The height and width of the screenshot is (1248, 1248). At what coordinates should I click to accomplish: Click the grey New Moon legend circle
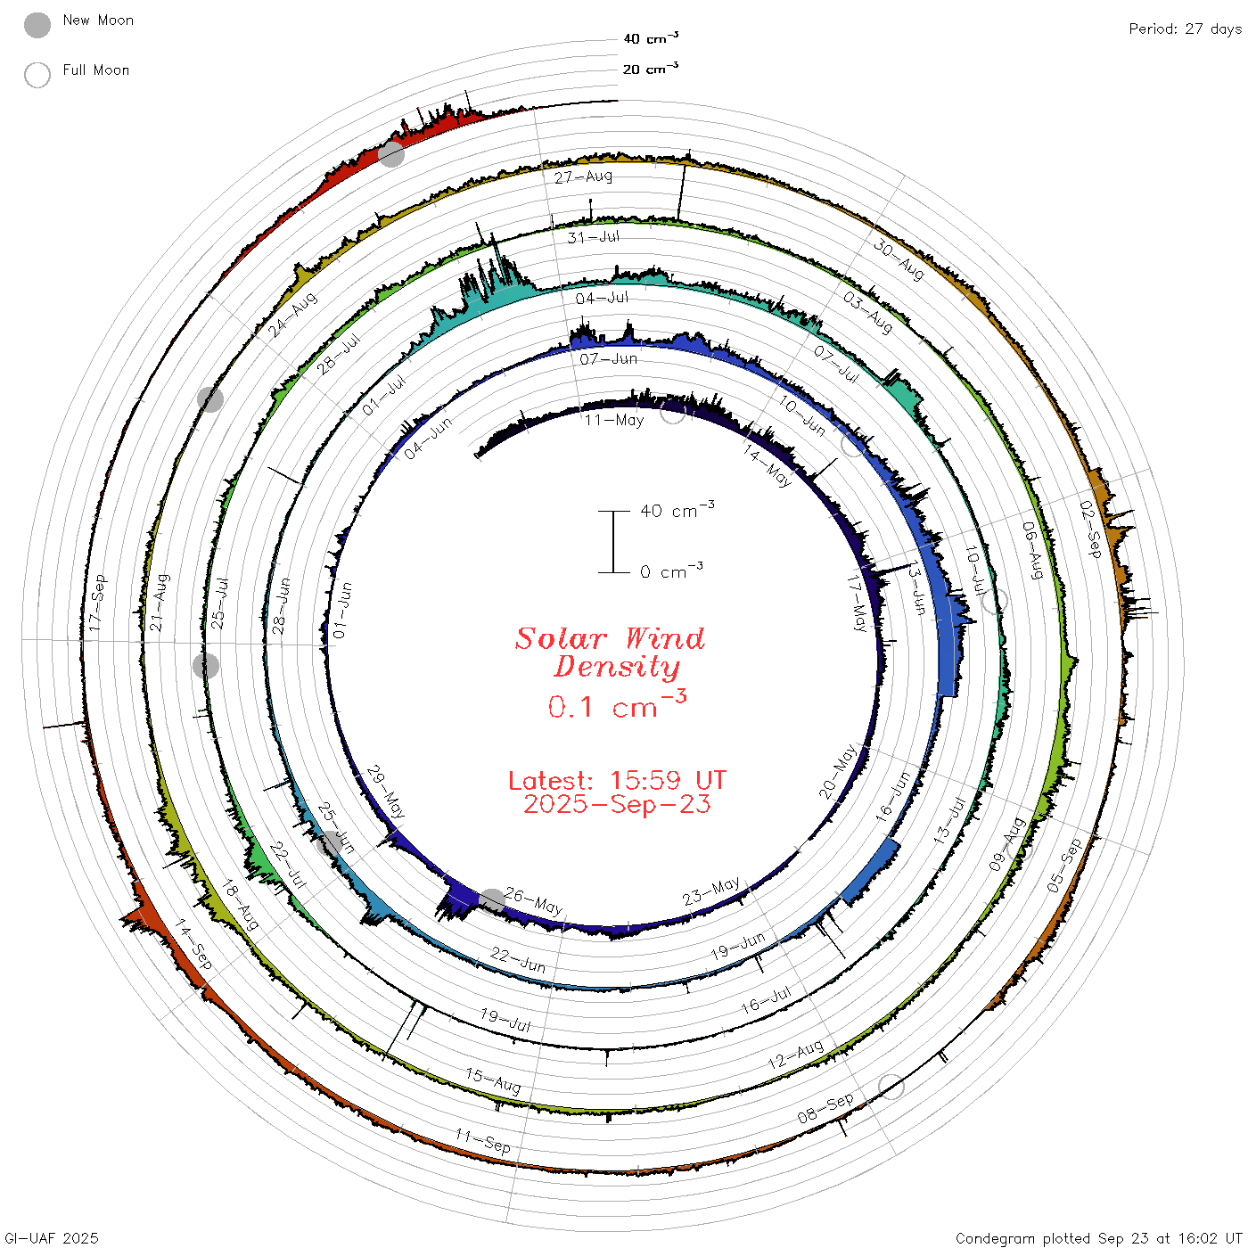[37, 25]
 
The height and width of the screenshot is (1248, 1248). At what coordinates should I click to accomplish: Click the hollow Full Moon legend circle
[37, 75]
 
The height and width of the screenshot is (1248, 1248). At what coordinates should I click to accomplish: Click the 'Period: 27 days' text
[1185, 29]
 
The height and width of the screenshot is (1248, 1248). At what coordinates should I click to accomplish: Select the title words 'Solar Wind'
[610, 638]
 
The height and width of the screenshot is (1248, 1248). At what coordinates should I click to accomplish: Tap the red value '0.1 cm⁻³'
[617, 705]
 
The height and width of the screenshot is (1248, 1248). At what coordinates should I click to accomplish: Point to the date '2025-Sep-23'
[617, 804]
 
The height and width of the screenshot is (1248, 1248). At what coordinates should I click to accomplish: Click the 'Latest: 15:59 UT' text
[617, 780]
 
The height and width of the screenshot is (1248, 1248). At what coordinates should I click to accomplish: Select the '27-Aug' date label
[583, 177]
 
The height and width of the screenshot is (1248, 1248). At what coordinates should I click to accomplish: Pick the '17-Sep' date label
[96, 603]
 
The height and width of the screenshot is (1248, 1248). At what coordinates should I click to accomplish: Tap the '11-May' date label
[614, 421]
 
